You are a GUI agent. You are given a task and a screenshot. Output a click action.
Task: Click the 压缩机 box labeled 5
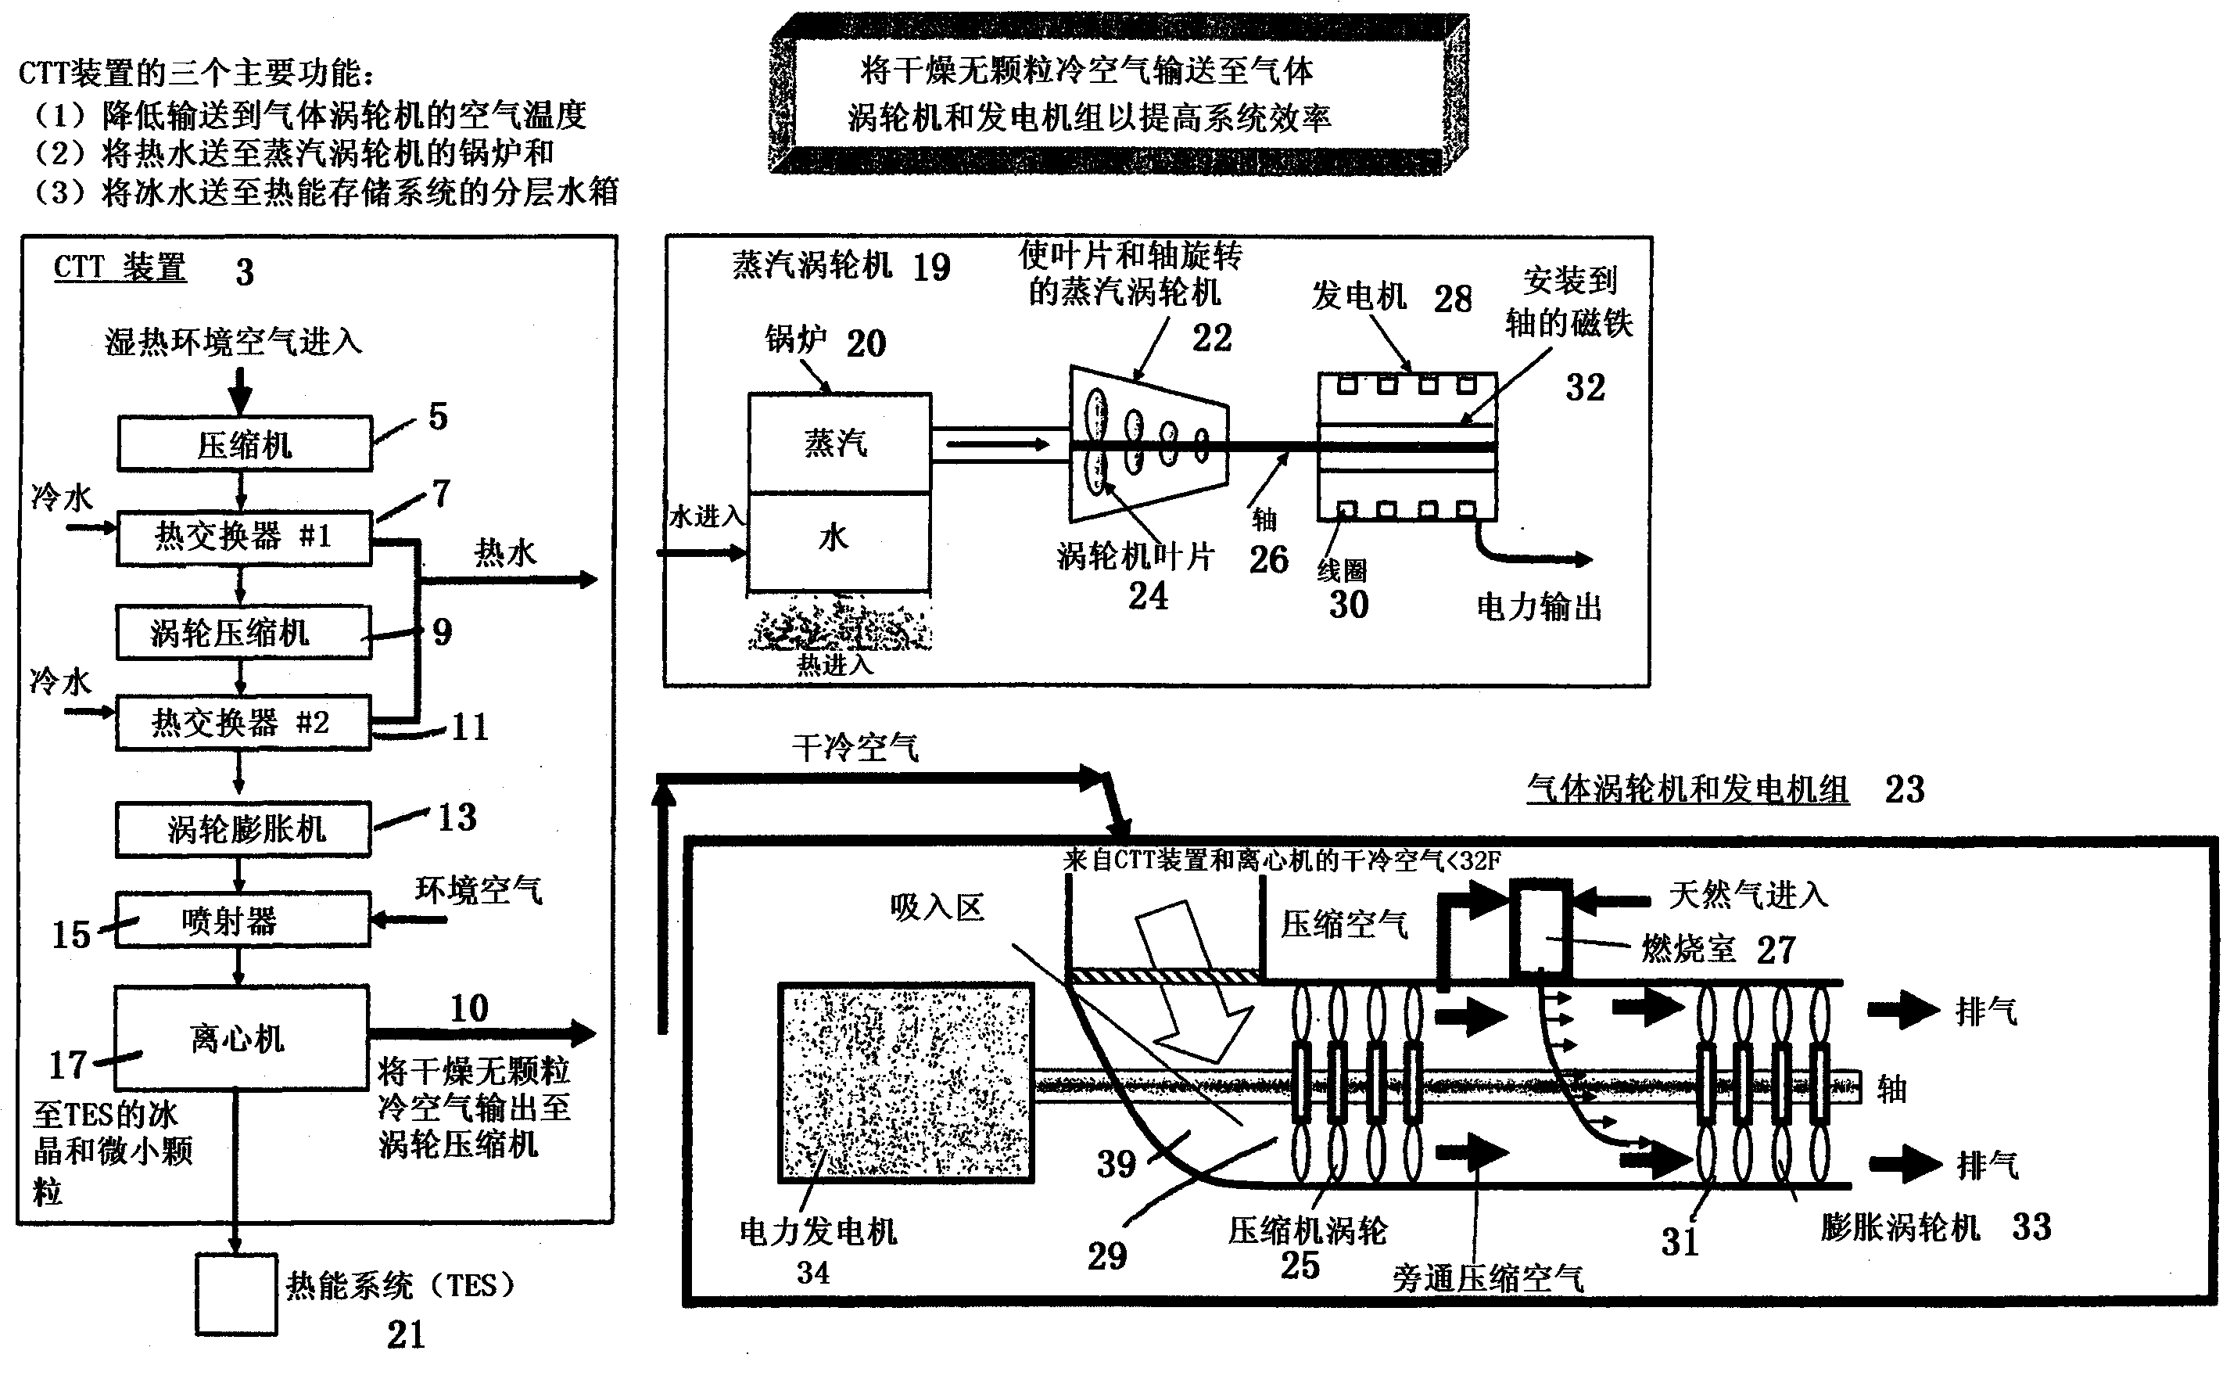[244, 444]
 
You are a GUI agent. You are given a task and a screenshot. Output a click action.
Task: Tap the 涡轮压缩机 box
[243, 632]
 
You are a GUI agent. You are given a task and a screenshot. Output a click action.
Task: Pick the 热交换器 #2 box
[242, 723]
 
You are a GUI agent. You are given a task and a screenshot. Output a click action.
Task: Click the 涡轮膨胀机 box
[243, 828]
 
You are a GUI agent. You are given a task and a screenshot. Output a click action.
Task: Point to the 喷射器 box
[242, 919]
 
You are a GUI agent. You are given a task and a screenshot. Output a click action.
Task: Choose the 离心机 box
[242, 1037]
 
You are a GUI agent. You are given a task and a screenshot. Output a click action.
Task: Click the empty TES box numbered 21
[236, 1295]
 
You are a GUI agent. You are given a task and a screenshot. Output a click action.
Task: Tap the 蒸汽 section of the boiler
[838, 444]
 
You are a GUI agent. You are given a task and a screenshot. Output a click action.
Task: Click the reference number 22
[1211, 339]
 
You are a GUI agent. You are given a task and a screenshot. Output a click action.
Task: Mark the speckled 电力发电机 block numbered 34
[905, 1083]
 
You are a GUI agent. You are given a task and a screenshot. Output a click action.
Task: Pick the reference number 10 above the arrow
[469, 1009]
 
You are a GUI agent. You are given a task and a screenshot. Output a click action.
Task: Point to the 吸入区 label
[938, 907]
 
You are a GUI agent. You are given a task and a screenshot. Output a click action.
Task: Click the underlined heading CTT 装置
[120, 268]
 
